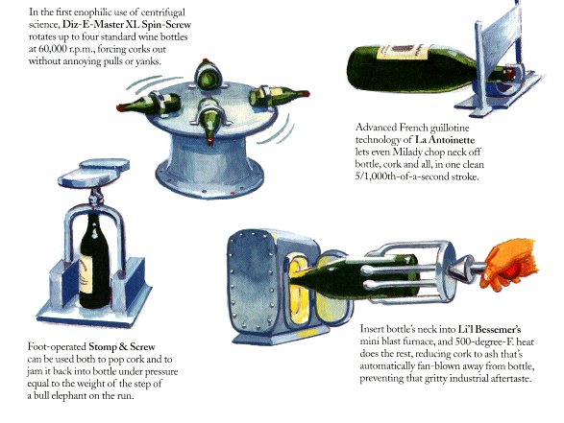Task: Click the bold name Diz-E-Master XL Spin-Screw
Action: pyautogui.click(x=127, y=25)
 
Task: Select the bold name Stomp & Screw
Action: pyautogui.click(x=122, y=347)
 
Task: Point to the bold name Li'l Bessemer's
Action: pyautogui.click(x=490, y=329)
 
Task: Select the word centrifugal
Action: pyautogui.click(x=163, y=12)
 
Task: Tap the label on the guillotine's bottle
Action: pyautogui.click(x=403, y=52)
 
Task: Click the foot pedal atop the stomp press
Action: pyautogui.click(x=94, y=174)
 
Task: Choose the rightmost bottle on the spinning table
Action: pyautogui.click(x=279, y=95)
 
